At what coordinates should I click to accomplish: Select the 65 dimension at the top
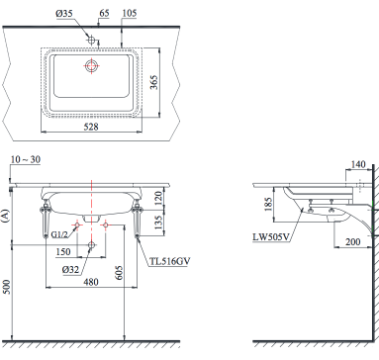click(x=104, y=12)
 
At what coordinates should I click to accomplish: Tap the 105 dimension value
click(x=129, y=12)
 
